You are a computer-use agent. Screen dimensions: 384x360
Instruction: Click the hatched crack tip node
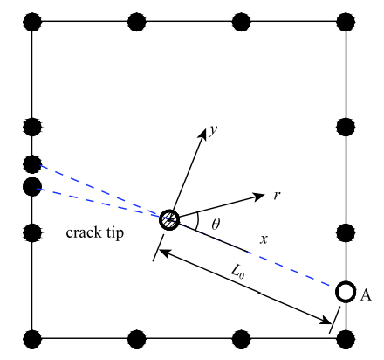click(x=169, y=219)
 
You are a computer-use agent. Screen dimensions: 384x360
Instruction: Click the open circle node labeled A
click(x=346, y=292)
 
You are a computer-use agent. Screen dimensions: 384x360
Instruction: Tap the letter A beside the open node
click(x=366, y=295)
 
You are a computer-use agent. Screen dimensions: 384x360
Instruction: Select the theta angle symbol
click(x=216, y=224)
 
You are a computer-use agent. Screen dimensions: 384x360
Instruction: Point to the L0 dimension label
click(x=237, y=272)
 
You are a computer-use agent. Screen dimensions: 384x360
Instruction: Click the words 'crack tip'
click(x=95, y=232)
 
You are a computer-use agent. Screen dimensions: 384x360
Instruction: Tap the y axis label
click(x=213, y=129)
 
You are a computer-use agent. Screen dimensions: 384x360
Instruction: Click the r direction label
click(x=278, y=195)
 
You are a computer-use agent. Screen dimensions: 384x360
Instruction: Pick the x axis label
click(x=264, y=239)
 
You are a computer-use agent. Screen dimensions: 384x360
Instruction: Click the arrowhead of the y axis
click(x=202, y=133)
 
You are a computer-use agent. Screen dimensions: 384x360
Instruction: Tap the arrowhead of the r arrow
click(x=258, y=197)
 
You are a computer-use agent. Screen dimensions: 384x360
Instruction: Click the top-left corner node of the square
click(x=32, y=22)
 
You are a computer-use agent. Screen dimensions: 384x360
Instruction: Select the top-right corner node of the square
click(x=346, y=22)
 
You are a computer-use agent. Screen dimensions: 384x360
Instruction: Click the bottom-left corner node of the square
click(x=32, y=339)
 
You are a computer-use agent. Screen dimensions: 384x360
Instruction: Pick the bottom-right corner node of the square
click(x=346, y=339)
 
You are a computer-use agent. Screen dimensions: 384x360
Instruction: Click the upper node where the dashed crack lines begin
click(x=32, y=164)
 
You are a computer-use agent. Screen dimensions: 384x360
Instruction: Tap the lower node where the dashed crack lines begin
click(x=32, y=187)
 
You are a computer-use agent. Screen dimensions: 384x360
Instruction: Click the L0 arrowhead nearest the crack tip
click(x=164, y=253)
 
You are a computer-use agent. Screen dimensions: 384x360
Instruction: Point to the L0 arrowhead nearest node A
click(x=325, y=321)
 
